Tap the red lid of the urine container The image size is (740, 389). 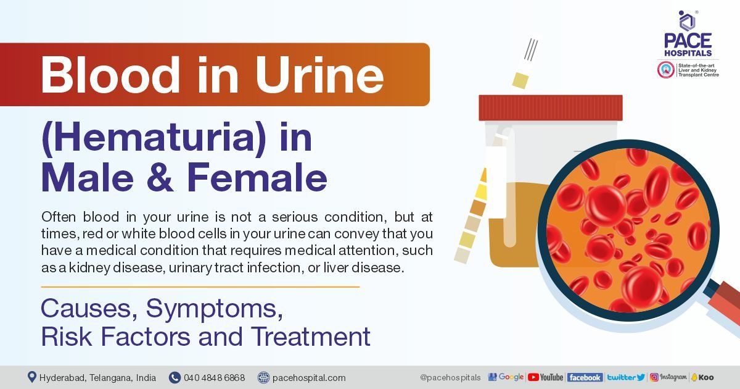(x=550, y=107)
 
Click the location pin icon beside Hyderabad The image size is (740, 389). (x=31, y=377)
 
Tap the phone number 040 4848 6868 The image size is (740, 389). (x=213, y=377)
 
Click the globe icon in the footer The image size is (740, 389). (x=263, y=377)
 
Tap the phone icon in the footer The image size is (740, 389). (x=175, y=377)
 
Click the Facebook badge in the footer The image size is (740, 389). (x=585, y=377)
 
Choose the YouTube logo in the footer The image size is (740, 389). (x=546, y=377)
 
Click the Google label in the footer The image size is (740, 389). (x=506, y=377)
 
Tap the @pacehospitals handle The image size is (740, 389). (x=450, y=377)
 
